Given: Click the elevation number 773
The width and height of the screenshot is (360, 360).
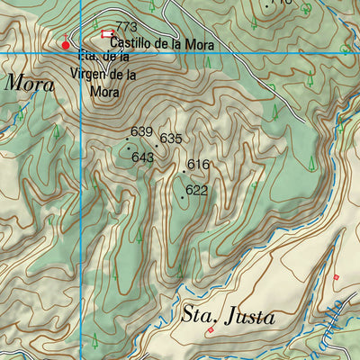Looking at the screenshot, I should point(127,27).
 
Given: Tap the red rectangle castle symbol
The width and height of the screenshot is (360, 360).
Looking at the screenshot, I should point(108,34).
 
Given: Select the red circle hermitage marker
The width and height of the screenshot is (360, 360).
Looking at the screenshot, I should point(66,44).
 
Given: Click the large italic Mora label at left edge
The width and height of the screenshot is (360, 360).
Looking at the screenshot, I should point(25,83).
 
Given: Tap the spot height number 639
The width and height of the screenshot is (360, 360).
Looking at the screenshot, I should point(141,131).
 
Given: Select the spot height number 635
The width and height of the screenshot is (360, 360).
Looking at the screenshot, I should point(171,139).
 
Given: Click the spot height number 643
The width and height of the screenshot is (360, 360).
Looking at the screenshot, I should point(142,157).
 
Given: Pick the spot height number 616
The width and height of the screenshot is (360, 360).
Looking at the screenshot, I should point(198,165).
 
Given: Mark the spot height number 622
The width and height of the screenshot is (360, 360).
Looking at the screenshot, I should point(197,191).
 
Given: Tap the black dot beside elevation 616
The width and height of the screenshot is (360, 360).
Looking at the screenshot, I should point(184,169).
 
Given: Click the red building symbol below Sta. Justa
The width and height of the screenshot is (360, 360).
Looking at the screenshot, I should point(211,330).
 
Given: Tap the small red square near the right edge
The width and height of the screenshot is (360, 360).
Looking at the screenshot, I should point(336,277).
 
